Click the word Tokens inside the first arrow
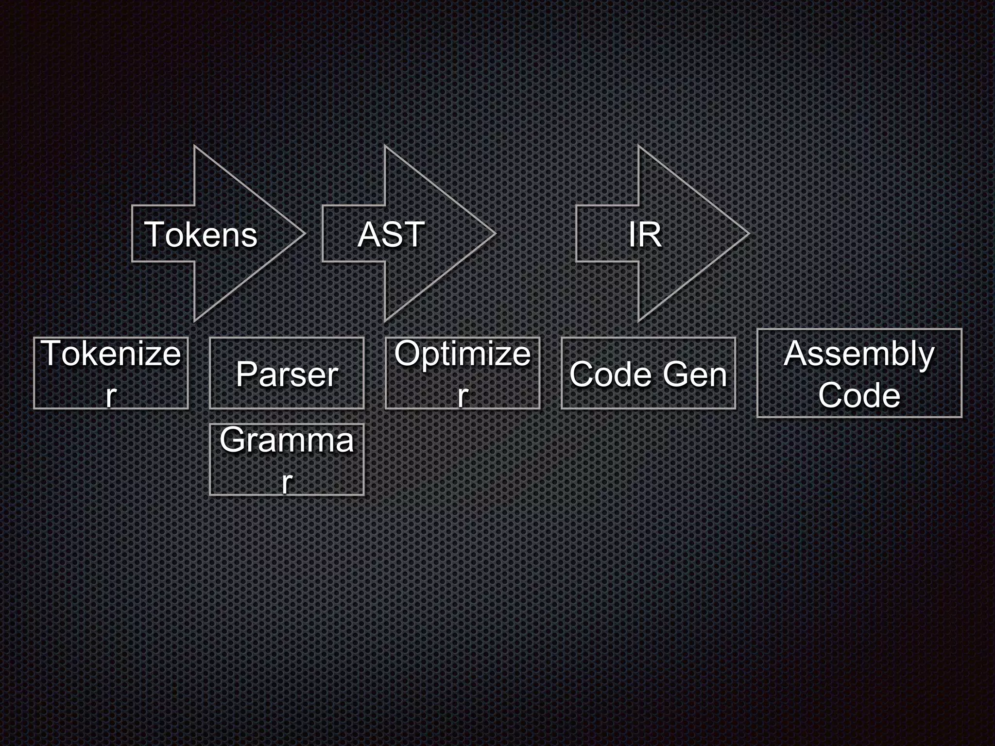[201, 235]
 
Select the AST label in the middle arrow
[391, 235]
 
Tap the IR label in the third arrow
[645, 235]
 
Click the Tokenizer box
[111, 373]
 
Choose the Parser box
[287, 373]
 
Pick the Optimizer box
[463, 373]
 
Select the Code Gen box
[648, 373]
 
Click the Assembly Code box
[859, 373]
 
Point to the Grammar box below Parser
[287, 459]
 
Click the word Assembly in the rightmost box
[859, 354]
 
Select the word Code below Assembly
[859, 395]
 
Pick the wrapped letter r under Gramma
[287, 482]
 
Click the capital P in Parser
[246, 374]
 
